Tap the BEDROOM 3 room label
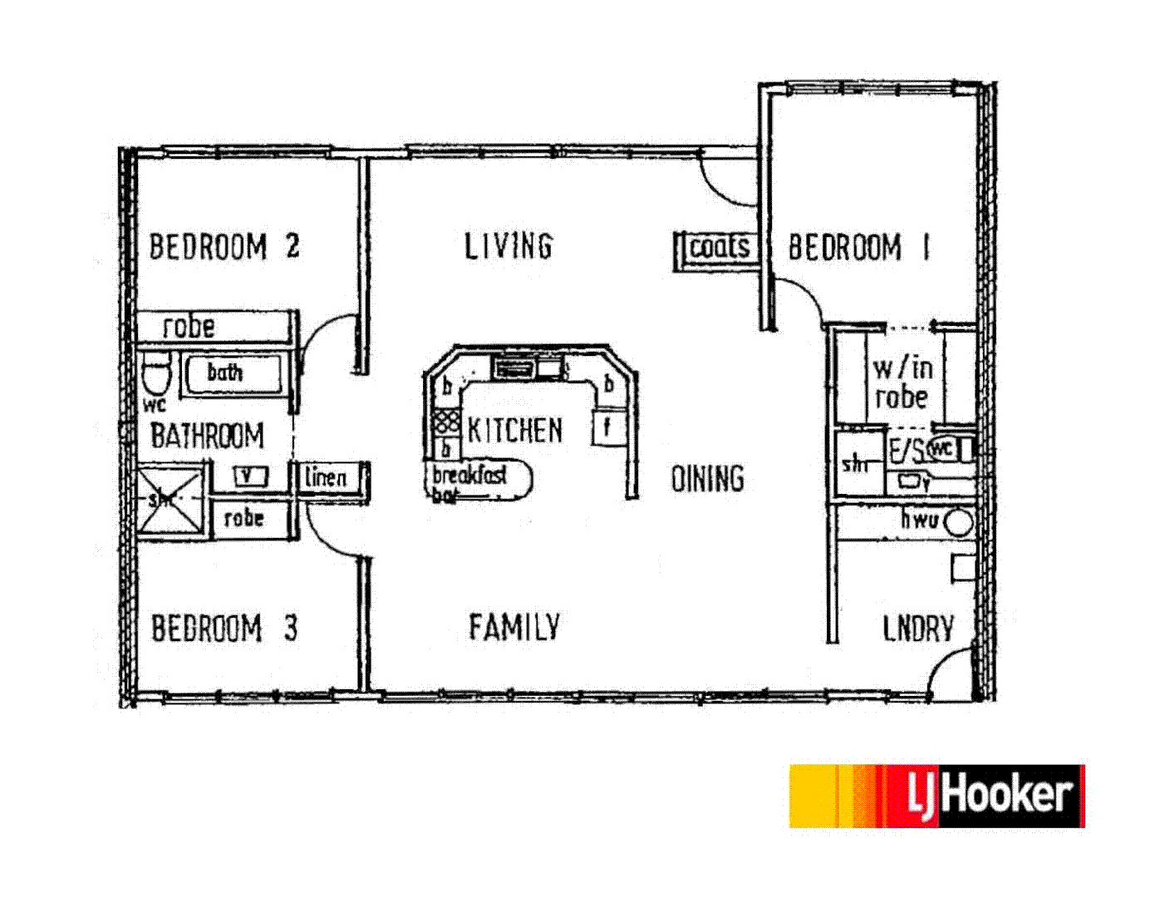coord(224,629)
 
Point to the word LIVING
coord(508,246)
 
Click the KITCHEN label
coord(514,430)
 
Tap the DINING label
coord(707,478)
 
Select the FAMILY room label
coord(514,627)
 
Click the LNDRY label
coord(918,629)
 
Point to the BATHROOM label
coord(207,435)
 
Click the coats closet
coord(719,247)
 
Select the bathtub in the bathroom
coord(232,373)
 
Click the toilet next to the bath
coord(155,376)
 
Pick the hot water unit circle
coord(959,523)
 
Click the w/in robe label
coord(902,382)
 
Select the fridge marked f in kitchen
coord(607,427)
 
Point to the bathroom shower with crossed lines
coord(170,500)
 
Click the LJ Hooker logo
coord(936,796)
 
